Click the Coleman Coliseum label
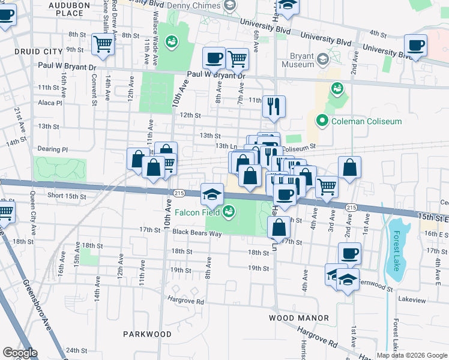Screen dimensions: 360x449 [358, 122]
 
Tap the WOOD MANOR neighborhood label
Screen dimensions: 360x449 [298, 318]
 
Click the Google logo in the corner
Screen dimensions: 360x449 [20, 353]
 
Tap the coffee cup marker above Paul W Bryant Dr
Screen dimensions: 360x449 [214, 58]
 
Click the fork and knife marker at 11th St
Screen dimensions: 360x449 [274, 107]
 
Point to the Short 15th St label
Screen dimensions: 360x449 [67, 196]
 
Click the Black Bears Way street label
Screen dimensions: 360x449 [197, 232]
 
